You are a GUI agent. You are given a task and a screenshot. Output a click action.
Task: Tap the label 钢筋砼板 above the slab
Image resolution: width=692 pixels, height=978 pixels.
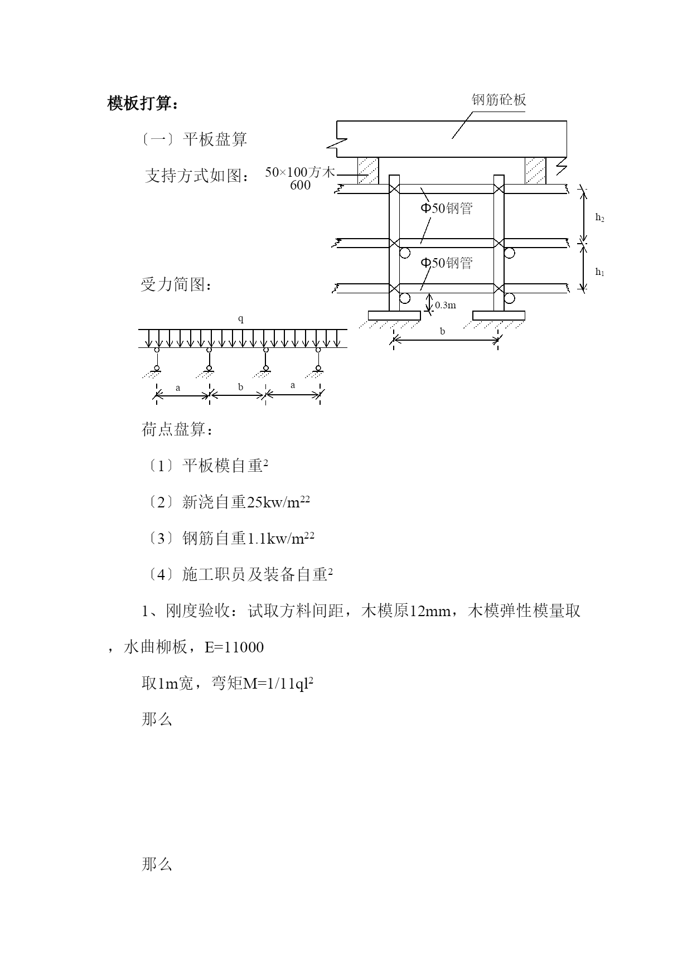(499, 100)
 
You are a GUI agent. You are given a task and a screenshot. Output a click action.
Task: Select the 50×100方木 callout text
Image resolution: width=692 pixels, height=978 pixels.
(300, 172)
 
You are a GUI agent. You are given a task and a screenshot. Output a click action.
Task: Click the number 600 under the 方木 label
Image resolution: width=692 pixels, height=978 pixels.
(300, 186)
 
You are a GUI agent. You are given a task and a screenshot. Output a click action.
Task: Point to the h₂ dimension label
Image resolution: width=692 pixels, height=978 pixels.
(599, 217)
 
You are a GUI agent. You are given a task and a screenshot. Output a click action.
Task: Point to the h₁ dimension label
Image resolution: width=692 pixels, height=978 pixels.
(599, 272)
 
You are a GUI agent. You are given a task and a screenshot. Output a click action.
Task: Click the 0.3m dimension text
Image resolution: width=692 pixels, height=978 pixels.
(446, 305)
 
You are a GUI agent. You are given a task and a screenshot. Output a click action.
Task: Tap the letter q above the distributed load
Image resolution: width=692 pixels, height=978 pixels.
(241, 319)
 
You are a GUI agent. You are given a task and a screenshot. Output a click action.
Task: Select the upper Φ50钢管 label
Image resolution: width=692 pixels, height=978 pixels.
(446, 209)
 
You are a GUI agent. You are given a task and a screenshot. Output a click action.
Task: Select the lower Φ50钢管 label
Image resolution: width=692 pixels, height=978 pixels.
(446, 263)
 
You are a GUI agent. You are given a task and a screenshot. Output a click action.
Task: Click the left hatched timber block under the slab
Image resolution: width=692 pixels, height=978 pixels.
(368, 170)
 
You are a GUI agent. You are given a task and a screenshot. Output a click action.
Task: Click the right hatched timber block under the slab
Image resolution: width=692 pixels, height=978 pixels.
(535, 170)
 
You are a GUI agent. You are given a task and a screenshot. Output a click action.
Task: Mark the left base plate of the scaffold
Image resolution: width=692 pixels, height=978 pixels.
(394, 316)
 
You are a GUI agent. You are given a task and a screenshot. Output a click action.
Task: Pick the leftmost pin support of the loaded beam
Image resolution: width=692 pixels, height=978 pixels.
(157, 360)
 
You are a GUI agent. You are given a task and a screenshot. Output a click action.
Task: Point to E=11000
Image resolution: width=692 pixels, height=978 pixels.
(234, 647)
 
